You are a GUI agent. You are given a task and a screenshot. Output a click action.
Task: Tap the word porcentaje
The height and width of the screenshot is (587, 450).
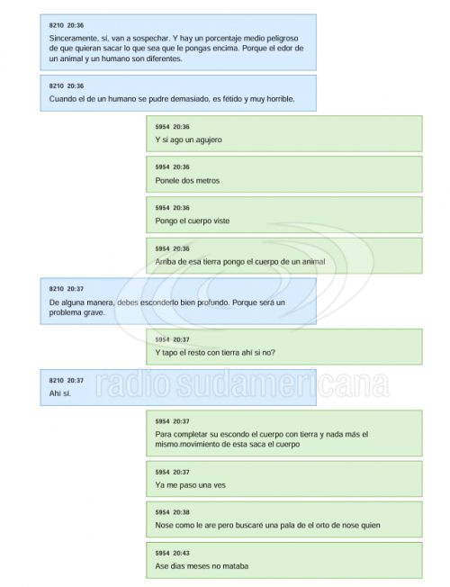224,38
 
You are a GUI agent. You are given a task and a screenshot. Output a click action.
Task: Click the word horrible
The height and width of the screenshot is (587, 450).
281,99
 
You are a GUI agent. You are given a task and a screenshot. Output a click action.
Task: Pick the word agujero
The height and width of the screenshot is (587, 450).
209,140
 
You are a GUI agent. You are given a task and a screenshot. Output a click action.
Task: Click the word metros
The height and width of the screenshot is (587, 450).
208,180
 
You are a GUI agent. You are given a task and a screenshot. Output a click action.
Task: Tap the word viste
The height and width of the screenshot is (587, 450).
221,221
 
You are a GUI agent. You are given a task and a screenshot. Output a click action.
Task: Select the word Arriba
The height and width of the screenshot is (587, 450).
166,262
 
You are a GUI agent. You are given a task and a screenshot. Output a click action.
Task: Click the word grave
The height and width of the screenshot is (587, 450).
94,312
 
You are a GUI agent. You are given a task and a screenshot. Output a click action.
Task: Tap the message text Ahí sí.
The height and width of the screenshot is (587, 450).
60,393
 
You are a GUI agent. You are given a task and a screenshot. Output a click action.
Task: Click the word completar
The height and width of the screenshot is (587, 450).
189,434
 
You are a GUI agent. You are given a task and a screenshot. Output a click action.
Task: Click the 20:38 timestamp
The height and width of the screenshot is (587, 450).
181,512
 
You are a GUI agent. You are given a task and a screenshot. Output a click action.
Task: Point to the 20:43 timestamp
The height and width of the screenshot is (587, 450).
181,553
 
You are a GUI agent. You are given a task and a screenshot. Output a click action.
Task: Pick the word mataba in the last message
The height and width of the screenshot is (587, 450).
236,566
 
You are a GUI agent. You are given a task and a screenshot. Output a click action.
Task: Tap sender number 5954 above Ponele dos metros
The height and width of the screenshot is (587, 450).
163,167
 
